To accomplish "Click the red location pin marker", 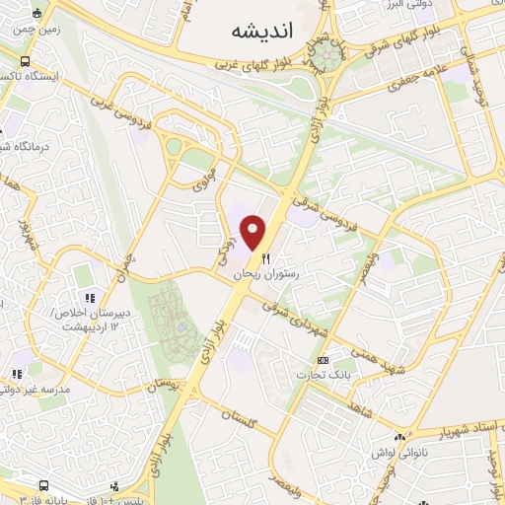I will tap(255, 232).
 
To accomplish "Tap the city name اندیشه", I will tap(263, 31).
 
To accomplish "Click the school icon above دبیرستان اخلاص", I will tap(89, 297).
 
